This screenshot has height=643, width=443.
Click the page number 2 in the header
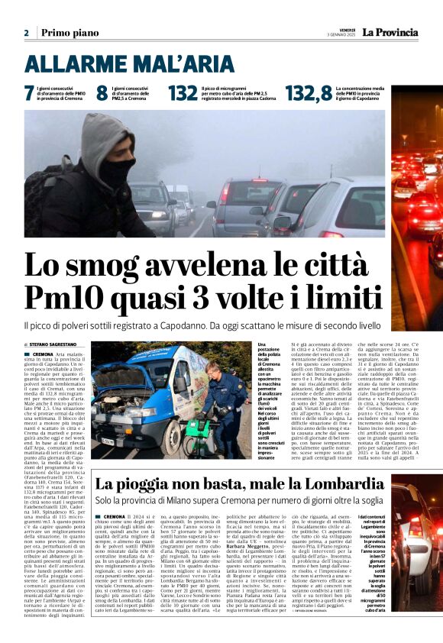tap(26, 34)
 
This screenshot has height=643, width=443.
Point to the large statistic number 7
tap(29, 93)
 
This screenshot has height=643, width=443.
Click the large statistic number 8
tap(101, 93)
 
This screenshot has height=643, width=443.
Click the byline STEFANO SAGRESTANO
tap(58, 345)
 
